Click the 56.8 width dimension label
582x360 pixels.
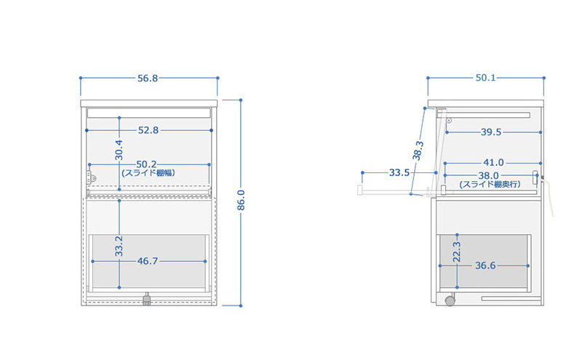[x=148, y=79]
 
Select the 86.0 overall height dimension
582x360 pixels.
[x=241, y=201]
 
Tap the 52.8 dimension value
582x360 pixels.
[x=148, y=130]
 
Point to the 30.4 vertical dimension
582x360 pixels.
[x=119, y=150]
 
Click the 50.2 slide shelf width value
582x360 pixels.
[x=146, y=164]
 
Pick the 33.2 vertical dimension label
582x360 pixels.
[x=119, y=246]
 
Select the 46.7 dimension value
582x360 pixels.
[x=148, y=261]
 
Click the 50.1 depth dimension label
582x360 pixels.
[x=485, y=78]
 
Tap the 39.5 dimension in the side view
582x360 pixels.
[x=491, y=132]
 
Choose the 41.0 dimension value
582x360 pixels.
[x=493, y=163]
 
